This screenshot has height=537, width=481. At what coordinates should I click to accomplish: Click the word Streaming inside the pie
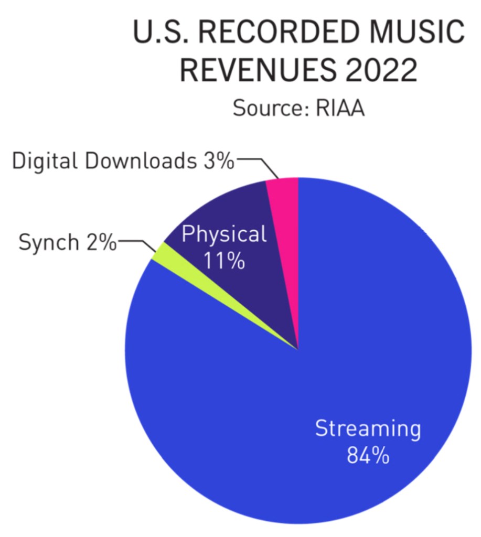(368, 429)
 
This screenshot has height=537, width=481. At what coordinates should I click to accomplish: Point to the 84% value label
(368, 455)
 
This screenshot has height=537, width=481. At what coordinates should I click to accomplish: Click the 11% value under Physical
(225, 260)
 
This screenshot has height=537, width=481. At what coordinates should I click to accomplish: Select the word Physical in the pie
(224, 234)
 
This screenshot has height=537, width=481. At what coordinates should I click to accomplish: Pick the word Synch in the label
(46, 242)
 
